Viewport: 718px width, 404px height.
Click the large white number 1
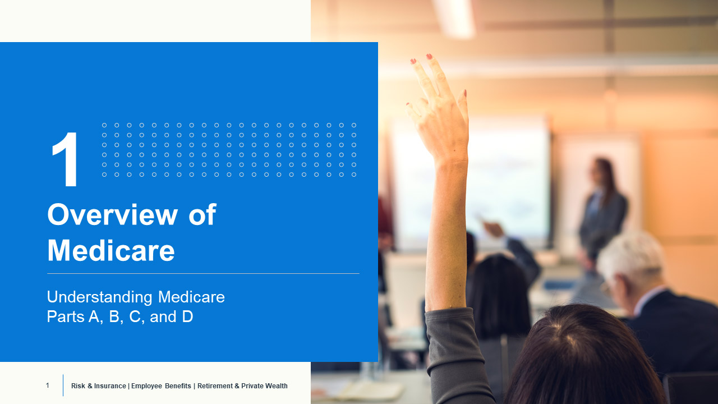pyautogui.click(x=66, y=159)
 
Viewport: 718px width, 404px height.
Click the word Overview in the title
pyautogui.click(x=113, y=214)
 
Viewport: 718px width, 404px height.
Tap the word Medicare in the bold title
pyautogui.click(x=111, y=250)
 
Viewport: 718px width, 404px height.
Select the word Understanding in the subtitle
pyautogui.click(x=99, y=297)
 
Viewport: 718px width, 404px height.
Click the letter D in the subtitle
pyautogui.click(x=187, y=316)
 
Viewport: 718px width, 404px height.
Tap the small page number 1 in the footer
pyautogui.click(x=48, y=385)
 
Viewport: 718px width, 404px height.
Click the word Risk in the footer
pyautogui.click(x=78, y=385)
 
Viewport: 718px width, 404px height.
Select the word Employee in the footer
pyautogui.click(x=146, y=386)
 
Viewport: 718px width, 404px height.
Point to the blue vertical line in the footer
pyautogui.click(x=63, y=385)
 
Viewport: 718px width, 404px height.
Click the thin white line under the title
pyautogui.click(x=203, y=273)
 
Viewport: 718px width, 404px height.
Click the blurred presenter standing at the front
pyautogui.click(x=602, y=212)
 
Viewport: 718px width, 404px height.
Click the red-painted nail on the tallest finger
pyautogui.click(x=429, y=57)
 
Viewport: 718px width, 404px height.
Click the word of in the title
pyautogui.click(x=202, y=214)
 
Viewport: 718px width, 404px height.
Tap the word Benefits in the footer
pyautogui.click(x=178, y=385)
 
